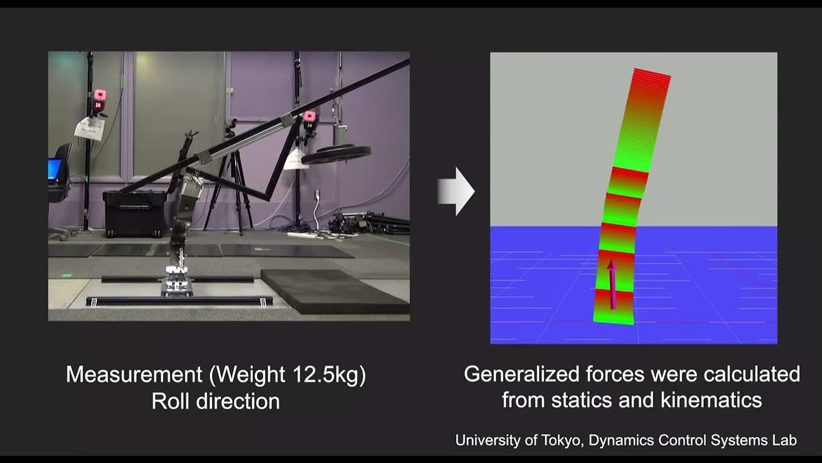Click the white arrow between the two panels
(x=457, y=191)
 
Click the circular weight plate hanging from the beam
(x=337, y=154)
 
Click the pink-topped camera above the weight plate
(x=310, y=119)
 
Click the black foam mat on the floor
(x=334, y=290)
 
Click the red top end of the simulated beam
(x=651, y=78)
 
